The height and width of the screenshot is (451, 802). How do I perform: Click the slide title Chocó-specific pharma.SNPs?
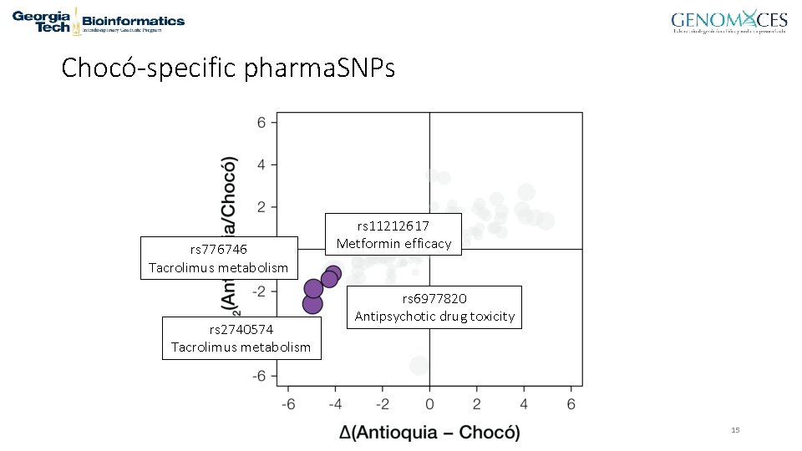click(x=228, y=68)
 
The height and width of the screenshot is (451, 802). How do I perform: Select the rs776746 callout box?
click(x=219, y=258)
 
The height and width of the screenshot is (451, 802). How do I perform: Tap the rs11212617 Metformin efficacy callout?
click(x=393, y=235)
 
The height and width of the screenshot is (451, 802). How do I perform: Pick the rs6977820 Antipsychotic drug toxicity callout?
click(x=434, y=307)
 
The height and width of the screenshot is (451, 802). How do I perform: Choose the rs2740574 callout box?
click(x=241, y=338)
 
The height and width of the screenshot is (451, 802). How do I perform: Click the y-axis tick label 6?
click(x=261, y=123)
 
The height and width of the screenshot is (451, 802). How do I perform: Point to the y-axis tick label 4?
click(x=261, y=165)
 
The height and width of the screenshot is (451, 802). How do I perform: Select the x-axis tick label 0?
click(x=429, y=404)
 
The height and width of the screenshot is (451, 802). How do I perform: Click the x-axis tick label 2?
click(x=476, y=404)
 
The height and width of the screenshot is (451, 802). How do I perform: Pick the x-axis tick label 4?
click(x=524, y=404)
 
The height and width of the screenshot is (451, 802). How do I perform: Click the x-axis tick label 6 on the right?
click(x=571, y=404)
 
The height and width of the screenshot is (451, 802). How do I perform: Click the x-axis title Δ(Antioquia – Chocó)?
click(x=429, y=432)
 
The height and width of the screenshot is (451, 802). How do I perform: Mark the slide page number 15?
click(x=735, y=430)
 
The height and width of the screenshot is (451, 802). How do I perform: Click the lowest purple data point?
click(x=312, y=304)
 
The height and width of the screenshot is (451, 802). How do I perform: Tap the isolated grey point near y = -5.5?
click(x=419, y=364)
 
